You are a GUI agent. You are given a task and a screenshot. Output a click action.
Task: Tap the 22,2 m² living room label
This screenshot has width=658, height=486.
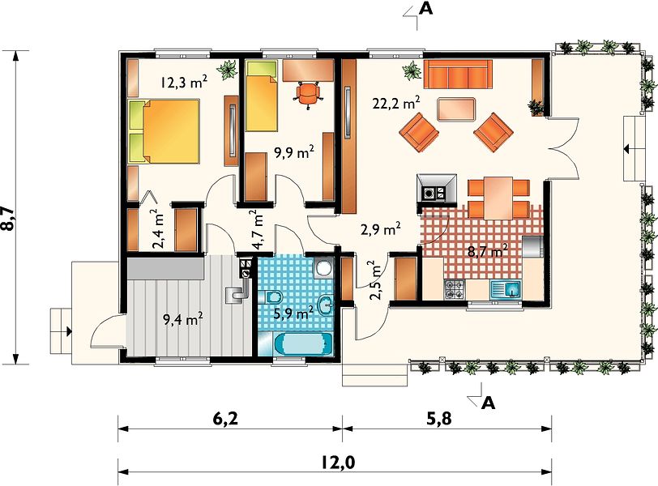(396, 102)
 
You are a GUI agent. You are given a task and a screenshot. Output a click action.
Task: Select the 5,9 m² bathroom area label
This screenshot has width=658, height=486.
(293, 312)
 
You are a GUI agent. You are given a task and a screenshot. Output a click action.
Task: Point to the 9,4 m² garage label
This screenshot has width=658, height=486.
(183, 319)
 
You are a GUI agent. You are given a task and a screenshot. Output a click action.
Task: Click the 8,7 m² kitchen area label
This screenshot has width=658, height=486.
(488, 251)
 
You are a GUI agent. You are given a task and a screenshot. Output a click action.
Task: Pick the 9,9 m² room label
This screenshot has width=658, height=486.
(294, 152)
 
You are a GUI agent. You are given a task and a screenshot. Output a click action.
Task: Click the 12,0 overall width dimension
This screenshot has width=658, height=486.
(338, 462)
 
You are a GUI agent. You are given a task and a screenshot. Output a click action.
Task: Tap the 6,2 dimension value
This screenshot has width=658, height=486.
(226, 418)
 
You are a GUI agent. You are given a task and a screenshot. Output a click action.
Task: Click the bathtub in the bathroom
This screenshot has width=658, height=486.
(303, 344)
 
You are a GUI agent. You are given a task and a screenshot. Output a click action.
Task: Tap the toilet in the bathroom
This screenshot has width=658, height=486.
(271, 297)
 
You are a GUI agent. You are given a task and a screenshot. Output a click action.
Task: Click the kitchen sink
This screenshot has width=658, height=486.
(506, 290)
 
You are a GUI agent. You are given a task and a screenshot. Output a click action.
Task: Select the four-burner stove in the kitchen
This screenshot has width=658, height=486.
(455, 290)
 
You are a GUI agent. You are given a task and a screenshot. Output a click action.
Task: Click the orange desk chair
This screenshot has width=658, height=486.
(309, 94)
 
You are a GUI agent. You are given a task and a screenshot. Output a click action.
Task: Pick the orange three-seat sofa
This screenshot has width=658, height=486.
(458, 75)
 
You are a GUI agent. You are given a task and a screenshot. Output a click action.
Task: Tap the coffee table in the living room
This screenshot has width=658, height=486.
(455, 110)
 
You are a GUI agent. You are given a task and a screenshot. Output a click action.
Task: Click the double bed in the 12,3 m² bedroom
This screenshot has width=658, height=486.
(164, 131)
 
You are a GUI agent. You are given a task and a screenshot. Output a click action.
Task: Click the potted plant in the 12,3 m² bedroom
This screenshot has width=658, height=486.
(229, 69)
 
